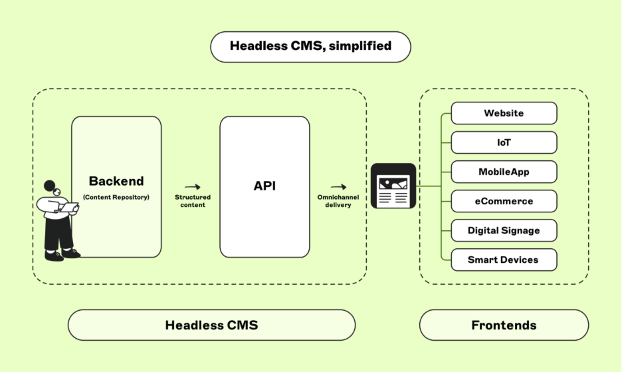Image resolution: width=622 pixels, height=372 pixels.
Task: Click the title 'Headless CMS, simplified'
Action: [x=310, y=47]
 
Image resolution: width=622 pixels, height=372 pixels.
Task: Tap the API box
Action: [x=264, y=187]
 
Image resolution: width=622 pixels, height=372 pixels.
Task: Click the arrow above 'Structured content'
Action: [x=193, y=188]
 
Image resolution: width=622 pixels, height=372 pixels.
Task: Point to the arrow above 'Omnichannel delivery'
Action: [x=338, y=188]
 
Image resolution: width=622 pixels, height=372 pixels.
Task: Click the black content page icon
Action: [x=393, y=186]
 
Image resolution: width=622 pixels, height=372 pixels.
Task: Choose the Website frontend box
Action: [x=504, y=113]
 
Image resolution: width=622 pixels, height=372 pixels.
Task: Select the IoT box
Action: [x=504, y=142]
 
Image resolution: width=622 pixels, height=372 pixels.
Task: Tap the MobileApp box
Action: [x=504, y=172]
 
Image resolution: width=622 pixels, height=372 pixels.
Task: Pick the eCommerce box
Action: [x=504, y=201]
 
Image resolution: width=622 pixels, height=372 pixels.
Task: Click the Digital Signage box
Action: [x=504, y=230]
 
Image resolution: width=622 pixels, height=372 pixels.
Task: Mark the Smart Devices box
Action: [x=504, y=260]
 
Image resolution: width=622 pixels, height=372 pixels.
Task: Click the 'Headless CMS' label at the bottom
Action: [x=211, y=325]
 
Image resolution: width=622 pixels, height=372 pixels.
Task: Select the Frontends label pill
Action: [x=504, y=325]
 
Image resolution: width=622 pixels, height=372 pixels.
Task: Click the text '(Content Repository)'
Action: [x=116, y=197]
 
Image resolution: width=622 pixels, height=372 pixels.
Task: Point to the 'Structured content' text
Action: [x=193, y=201]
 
